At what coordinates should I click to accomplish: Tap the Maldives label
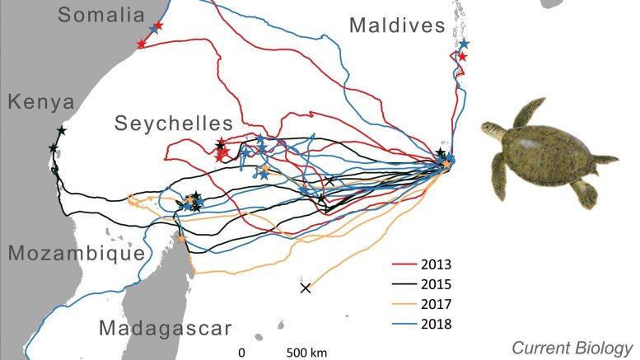[x=397, y=26]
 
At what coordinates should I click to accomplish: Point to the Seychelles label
[x=174, y=124]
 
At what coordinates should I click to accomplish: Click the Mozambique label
[x=77, y=253]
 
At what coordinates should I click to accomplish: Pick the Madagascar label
[x=166, y=328]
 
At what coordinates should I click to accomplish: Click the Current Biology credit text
[x=572, y=348]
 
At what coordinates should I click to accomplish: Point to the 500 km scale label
[x=306, y=353]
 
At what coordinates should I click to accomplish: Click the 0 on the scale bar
[x=241, y=353]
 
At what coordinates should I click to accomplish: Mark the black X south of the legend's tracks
[x=306, y=288]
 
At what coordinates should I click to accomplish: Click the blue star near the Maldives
[x=464, y=43]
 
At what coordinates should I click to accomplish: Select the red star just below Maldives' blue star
[x=462, y=57]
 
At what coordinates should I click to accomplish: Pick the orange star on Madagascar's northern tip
[x=181, y=239]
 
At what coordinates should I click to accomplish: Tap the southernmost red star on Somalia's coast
[x=141, y=44]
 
